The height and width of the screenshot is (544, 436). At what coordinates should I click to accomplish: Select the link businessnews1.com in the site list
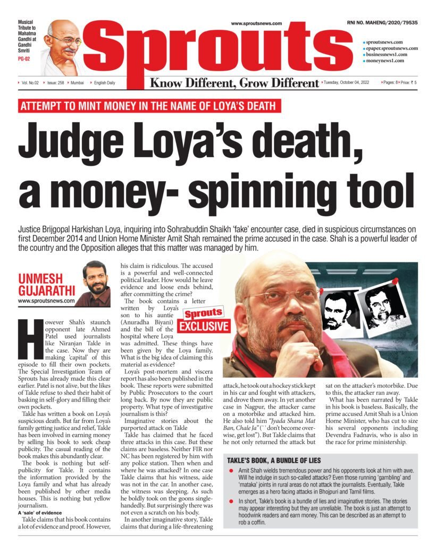coord(387,54)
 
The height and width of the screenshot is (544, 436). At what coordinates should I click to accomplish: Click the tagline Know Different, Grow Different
coord(234,83)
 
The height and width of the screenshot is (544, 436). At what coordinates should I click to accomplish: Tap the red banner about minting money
coord(149,106)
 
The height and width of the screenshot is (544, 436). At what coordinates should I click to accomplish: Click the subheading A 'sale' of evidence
coord(41,513)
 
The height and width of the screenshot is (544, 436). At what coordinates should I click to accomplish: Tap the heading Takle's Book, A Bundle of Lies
coord(274,460)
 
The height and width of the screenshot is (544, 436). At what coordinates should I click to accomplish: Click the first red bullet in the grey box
coord(230,471)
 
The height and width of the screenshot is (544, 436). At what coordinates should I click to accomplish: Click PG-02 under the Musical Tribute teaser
coord(24,58)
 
